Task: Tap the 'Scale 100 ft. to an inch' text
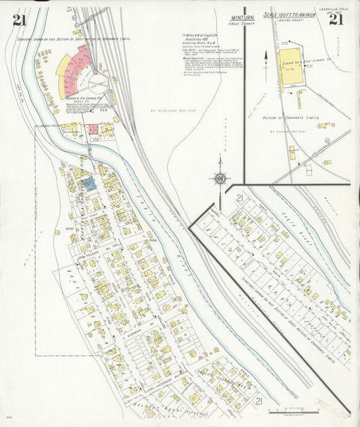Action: coord(289,15)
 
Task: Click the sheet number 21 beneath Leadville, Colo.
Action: coord(336,19)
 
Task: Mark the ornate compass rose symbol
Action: coord(220,178)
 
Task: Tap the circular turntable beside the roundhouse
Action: coord(101,84)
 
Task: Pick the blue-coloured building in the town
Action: coord(88,183)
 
